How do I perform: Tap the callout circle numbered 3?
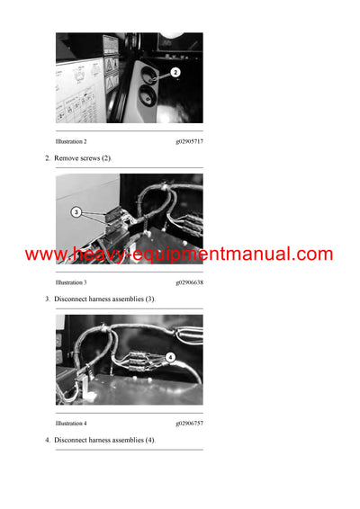tap(76, 213)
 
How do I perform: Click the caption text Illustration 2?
tap(71, 142)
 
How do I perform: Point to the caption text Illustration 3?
tap(71, 282)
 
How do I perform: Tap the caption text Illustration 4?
tap(71, 423)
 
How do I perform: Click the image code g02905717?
tap(189, 142)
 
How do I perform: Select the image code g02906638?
tap(189, 282)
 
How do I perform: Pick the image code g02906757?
tap(189, 423)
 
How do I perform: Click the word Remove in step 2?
tap(67, 158)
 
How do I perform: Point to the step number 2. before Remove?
tap(48, 158)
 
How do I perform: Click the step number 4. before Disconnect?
tap(48, 440)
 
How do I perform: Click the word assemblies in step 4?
tap(131, 440)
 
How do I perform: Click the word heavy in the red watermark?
tap(95, 255)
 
